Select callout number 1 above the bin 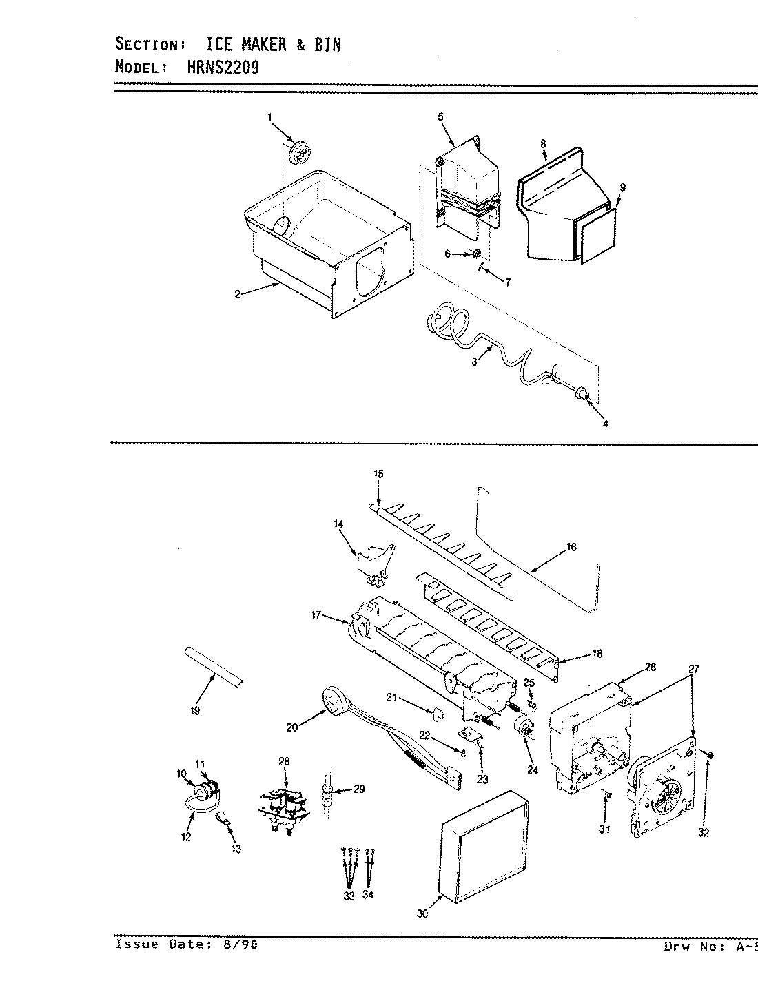coord(270,118)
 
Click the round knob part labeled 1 coord(300,153)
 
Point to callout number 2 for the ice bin coord(237,294)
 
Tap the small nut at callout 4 coord(584,394)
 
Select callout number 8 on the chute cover coord(543,143)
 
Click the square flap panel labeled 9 coord(596,234)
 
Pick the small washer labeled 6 coord(476,254)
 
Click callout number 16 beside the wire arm coord(571,548)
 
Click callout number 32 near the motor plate coord(703,832)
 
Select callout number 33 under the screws coord(349,896)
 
